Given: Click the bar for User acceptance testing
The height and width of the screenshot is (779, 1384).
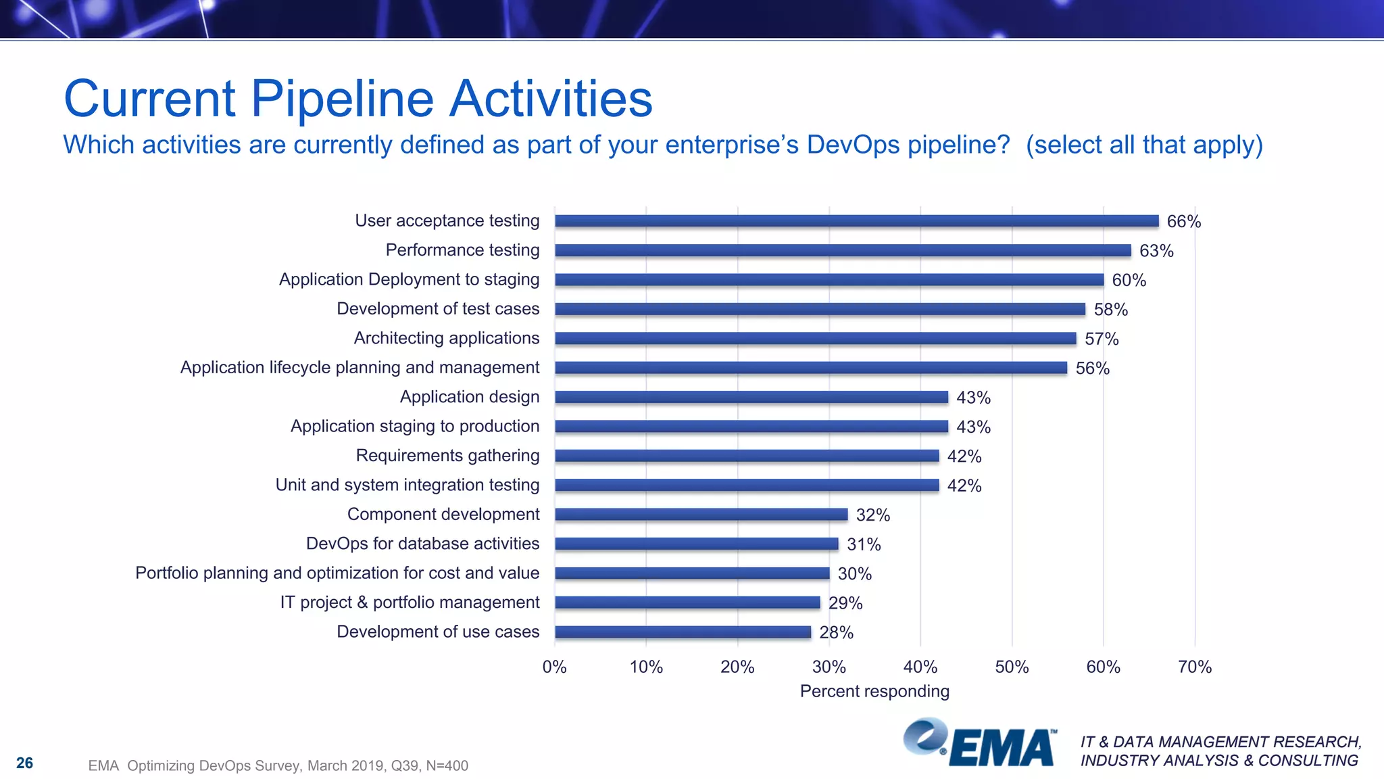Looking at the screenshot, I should pos(856,220).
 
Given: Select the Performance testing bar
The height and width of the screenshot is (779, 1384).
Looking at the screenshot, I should pos(843,250).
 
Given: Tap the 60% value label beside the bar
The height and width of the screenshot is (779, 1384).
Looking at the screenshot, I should pos(1129,280).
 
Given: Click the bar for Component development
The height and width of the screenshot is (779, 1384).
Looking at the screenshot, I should pos(701,515).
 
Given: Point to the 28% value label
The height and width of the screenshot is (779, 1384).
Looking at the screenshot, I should pos(836,632).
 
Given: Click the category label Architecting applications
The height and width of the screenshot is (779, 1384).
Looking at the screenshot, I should pos(447,338).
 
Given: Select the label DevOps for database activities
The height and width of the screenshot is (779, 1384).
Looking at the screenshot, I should pos(422,544).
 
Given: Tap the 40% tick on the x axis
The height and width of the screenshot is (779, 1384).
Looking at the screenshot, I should pos(920,667).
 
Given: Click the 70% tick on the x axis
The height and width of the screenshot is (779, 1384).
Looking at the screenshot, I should pos(1194,667).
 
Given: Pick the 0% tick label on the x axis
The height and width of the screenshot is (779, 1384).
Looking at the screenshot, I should pos(554,667).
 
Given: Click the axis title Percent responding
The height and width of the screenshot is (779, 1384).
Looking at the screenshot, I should pos(874,691).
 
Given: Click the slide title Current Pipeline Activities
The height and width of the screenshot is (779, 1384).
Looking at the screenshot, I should pos(358,99).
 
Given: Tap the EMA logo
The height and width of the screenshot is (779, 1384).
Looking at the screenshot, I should pos(980,744).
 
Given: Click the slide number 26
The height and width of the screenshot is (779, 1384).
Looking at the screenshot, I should pos(24,763).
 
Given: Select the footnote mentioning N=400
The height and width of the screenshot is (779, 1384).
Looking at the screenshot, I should pos(278,765).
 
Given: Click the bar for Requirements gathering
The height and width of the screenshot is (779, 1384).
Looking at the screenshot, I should pos(747,456).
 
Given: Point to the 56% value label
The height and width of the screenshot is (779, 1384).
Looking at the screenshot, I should pos(1092,368).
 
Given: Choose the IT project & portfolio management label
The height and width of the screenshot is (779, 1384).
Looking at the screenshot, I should pos(410,603).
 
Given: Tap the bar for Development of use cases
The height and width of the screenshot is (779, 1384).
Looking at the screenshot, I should pos(683,632).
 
